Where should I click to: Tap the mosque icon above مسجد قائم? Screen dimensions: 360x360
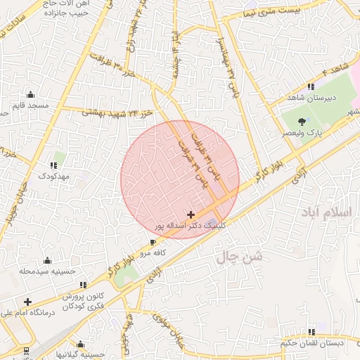30,94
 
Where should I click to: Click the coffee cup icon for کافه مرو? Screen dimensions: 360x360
153,241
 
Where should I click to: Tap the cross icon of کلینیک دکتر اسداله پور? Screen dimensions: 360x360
191,214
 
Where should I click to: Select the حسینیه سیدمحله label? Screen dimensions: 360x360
46,271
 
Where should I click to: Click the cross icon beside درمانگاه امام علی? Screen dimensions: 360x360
27,302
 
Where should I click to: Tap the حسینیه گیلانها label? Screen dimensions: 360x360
81,355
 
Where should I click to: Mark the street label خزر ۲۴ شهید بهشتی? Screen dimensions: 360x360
118,112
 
